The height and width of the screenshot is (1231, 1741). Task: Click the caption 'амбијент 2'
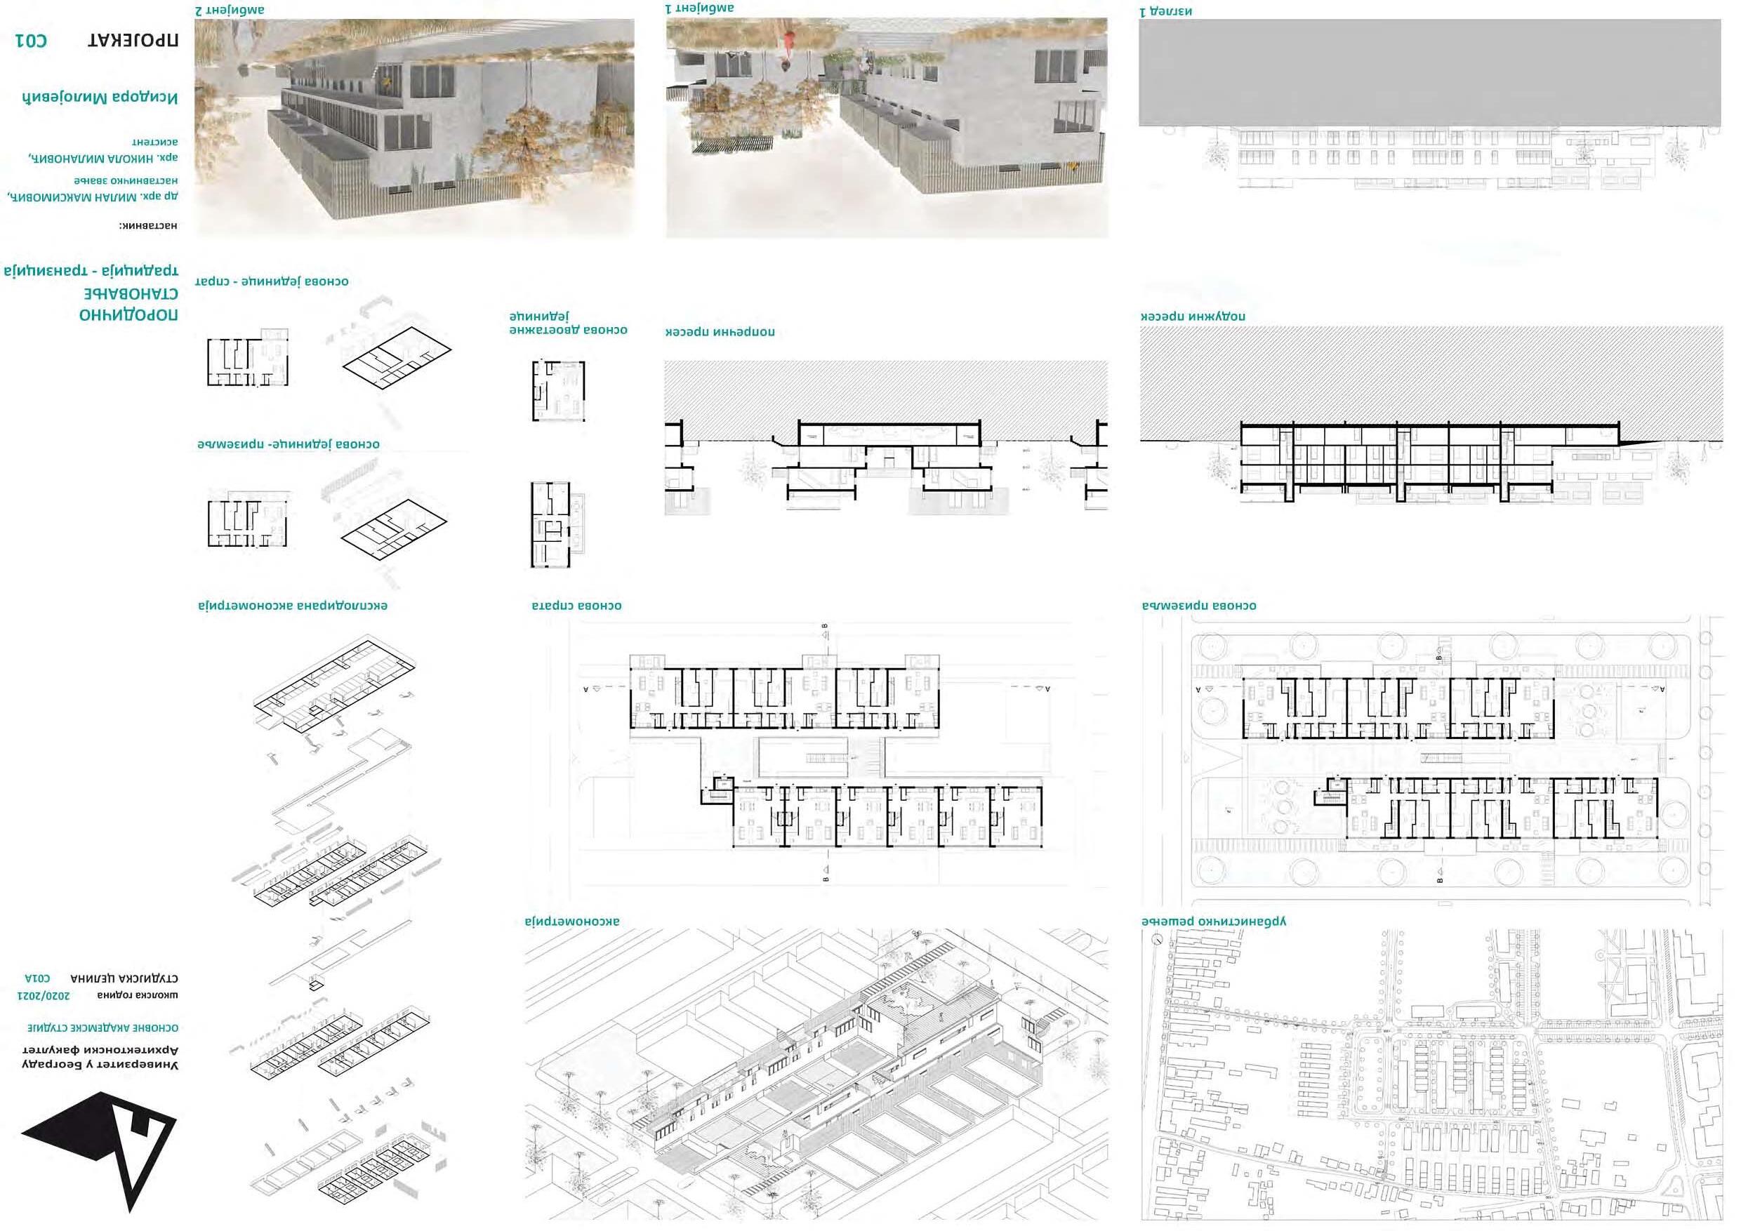click(x=230, y=11)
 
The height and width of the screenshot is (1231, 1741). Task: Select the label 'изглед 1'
click(x=1165, y=11)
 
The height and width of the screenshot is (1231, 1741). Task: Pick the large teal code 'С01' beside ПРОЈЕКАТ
click(x=31, y=40)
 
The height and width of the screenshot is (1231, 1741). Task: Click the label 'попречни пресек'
click(x=720, y=332)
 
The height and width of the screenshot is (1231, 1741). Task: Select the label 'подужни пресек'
click(x=1193, y=315)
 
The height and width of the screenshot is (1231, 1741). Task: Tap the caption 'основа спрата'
click(x=576, y=606)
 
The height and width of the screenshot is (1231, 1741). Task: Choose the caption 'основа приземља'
click(x=1199, y=606)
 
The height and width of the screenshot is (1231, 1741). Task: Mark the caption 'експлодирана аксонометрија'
click(x=293, y=606)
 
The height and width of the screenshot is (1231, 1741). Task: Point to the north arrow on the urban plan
click(x=1156, y=939)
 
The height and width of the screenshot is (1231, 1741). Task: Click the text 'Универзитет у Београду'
click(x=100, y=1064)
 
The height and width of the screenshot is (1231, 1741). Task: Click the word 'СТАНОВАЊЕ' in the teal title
click(x=131, y=293)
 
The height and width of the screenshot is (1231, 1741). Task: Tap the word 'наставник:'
click(x=148, y=225)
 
